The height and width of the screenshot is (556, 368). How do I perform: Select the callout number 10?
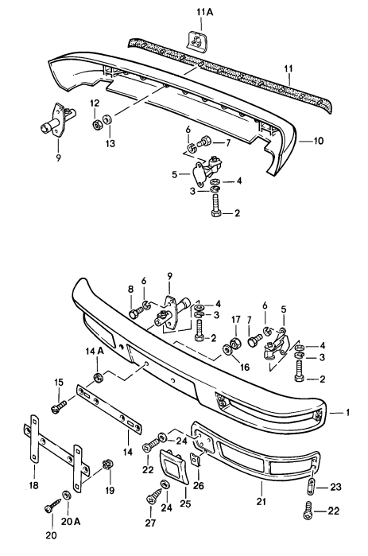pos(319,141)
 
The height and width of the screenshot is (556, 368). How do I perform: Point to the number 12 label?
pos(95,104)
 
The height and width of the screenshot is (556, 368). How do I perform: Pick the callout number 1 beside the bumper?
pos(348,413)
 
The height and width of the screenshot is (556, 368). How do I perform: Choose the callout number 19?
pos(109,489)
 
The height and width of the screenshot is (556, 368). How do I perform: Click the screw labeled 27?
pos(153,499)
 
